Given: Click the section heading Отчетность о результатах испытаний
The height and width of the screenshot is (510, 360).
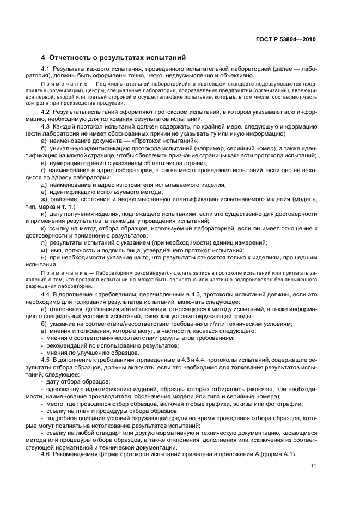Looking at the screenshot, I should tap(118, 57).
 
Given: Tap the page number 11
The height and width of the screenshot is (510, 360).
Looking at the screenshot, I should tap(314, 465).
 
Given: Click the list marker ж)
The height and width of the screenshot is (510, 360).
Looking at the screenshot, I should tap(44, 199).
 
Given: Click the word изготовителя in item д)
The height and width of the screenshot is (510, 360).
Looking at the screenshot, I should tap(137, 185).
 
